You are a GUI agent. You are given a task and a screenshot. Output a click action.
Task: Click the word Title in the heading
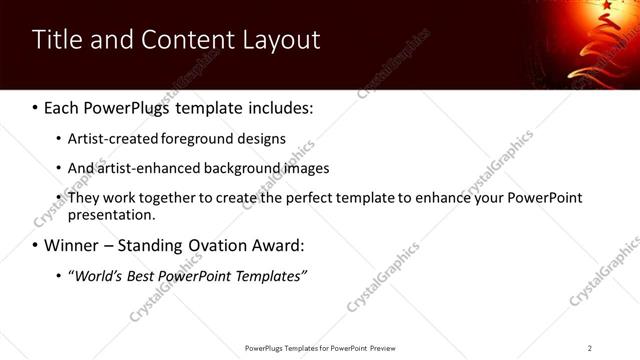pos(57,40)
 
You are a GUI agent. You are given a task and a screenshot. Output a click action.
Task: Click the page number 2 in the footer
pos(590,348)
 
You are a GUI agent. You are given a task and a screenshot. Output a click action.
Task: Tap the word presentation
pos(110,215)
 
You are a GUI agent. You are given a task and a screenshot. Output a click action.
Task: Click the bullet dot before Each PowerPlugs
pos(35,106)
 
